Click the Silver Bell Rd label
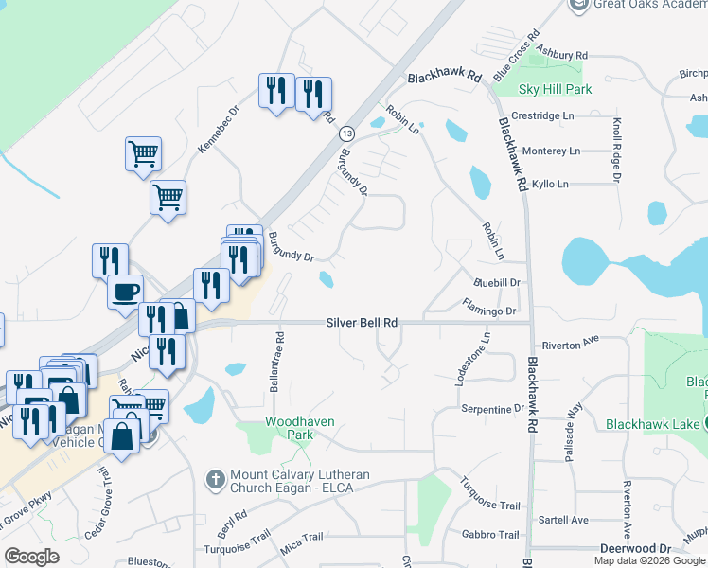(362, 322)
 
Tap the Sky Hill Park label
(556, 89)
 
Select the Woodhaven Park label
(289, 428)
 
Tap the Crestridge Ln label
(542, 115)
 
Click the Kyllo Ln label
(550, 184)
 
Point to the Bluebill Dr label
(497, 282)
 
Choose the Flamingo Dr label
(489, 310)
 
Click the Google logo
(31, 557)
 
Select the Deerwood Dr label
(635, 548)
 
